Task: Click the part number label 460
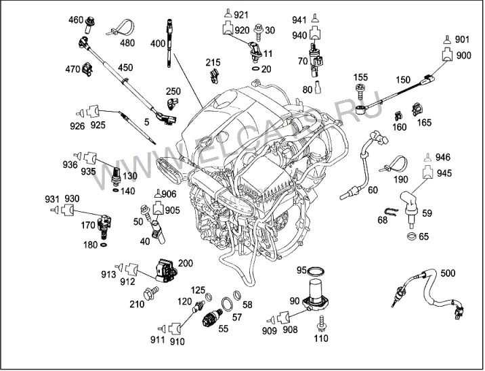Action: pyautogui.click(x=76, y=20)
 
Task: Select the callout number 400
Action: pyautogui.click(x=158, y=43)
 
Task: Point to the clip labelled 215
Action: pyautogui.click(x=214, y=77)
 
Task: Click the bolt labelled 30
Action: pyautogui.click(x=258, y=33)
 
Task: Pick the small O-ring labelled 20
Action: pyautogui.click(x=256, y=68)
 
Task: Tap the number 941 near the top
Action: pyautogui.click(x=299, y=20)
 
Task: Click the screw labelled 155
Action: pyautogui.click(x=360, y=91)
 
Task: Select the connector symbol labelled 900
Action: pyautogui.click(x=447, y=55)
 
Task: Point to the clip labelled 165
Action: pyautogui.click(x=417, y=109)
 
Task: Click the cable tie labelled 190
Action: pyautogui.click(x=394, y=164)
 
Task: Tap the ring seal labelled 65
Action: pyautogui.click(x=412, y=236)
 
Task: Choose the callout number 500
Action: pyautogui.click(x=448, y=274)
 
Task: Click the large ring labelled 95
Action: pyautogui.click(x=316, y=271)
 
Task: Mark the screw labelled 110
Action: pyautogui.click(x=321, y=323)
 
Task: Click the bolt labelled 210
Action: pyautogui.click(x=151, y=292)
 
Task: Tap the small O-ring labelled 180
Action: pyautogui.click(x=104, y=245)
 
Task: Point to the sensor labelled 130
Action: pyautogui.click(x=115, y=179)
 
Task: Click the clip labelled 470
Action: pyautogui.click(x=87, y=69)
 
